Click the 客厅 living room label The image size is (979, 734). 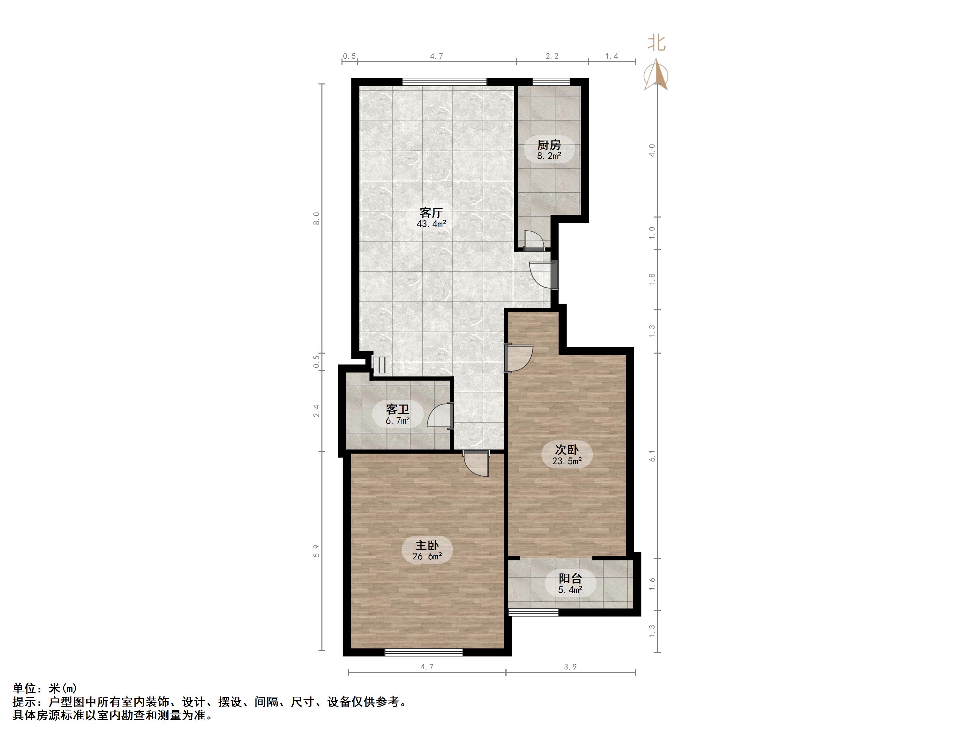(x=431, y=212)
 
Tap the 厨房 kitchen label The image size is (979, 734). (x=549, y=145)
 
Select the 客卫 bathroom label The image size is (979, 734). (x=397, y=409)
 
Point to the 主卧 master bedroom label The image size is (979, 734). (x=427, y=545)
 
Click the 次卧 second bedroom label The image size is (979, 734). (x=567, y=449)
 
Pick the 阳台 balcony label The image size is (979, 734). (x=570, y=578)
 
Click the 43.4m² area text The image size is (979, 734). (x=431, y=224)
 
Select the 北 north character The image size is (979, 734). (x=657, y=43)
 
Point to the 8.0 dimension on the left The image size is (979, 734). (x=316, y=219)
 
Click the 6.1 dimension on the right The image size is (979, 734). (x=652, y=456)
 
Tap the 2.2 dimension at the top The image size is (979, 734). (x=552, y=56)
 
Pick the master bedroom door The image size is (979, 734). (x=476, y=463)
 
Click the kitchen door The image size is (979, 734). (x=534, y=241)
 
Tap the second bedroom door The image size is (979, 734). (x=519, y=358)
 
